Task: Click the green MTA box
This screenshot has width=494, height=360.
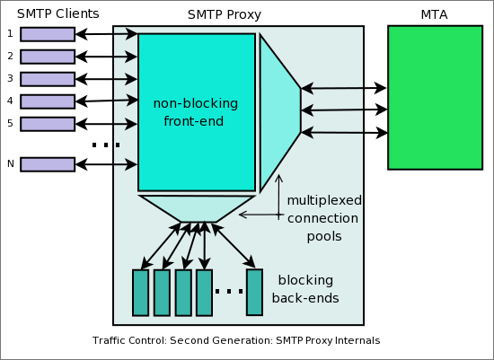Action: pyautogui.click(x=435, y=97)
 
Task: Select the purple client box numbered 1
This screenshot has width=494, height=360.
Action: pyautogui.click(x=48, y=34)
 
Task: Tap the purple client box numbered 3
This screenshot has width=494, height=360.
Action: pyautogui.click(x=48, y=79)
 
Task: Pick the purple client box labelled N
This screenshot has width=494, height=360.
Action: pyautogui.click(x=48, y=164)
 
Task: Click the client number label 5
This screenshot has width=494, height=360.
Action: pyautogui.click(x=10, y=123)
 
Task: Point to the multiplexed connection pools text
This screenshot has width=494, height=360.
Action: pyautogui.click(x=322, y=218)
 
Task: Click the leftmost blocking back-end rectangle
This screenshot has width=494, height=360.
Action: pyautogui.click(x=140, y=293)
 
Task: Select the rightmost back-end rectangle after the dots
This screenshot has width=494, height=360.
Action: pyautogui.click(x=254, y=293)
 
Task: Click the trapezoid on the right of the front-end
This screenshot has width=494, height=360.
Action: pyautogui.click(x=279, y=112)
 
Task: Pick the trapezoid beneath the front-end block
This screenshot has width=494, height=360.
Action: pyautogui.click(x=197, y=208)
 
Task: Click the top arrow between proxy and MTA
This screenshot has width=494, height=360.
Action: pyautogui.click(x=344, y=88)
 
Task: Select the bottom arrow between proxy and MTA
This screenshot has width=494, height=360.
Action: pyautogui.click(x=344, y=132)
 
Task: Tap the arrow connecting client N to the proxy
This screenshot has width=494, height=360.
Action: pyautogui.click(x=106, y=164)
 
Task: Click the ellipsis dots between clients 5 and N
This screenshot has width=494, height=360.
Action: pyautogui.click(x=106, y=145)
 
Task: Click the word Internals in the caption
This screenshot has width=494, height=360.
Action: pyautogui.click(x=357, y=341)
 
